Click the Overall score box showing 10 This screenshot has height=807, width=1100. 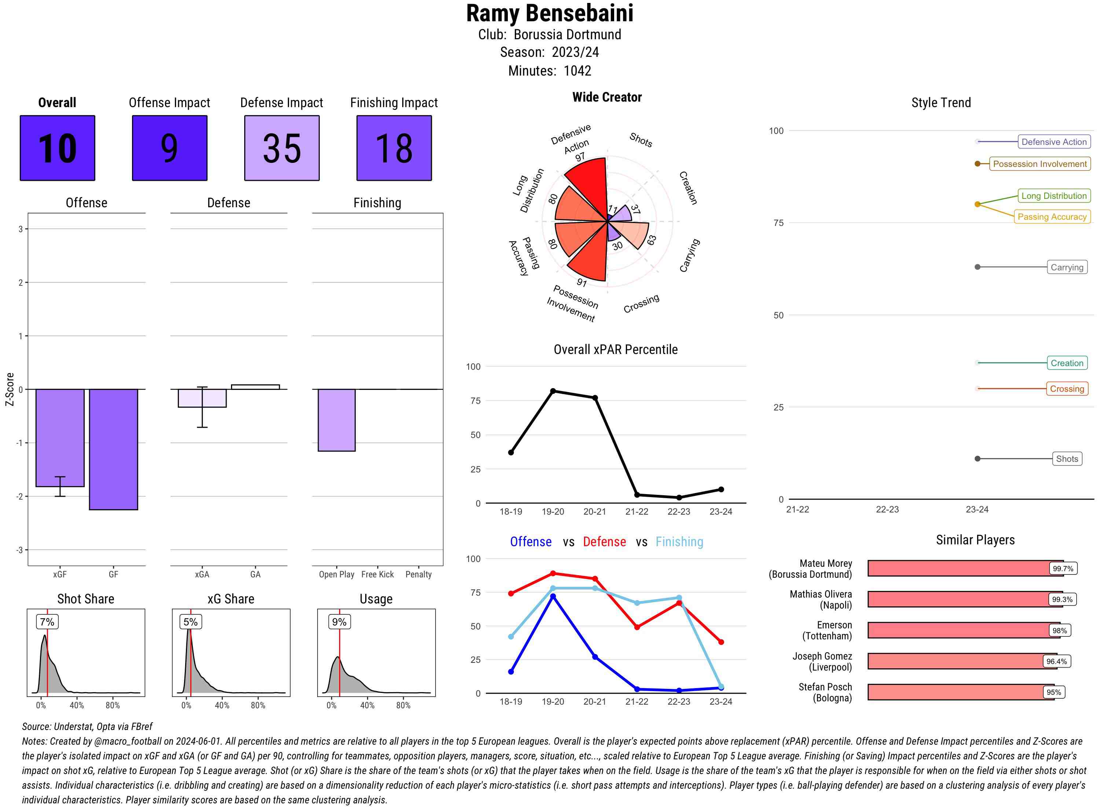tap(57, 148)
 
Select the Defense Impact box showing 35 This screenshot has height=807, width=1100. tap(282, 148)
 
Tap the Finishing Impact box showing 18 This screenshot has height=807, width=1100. tap(394, 148)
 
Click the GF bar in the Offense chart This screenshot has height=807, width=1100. tap(113, 449)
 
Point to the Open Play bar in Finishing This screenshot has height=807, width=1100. tap(336, 420)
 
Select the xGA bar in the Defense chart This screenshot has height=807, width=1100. tap(202, 398)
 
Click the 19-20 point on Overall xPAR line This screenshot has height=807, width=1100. tap(553, 391)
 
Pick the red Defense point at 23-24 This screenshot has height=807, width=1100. tap(720, 642)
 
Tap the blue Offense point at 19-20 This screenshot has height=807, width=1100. tap(553, 596)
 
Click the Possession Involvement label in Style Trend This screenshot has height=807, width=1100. tap(1039, 164)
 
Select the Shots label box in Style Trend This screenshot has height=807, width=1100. tap(1067, 459)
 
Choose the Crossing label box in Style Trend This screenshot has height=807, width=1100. tap(1067, 389)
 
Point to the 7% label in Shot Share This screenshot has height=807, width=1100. tap(47, 622)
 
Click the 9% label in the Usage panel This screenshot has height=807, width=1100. tap(339, 622)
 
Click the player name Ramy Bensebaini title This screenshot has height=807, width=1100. tap(550, 13)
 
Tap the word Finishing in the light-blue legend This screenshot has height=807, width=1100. tap(679, 542)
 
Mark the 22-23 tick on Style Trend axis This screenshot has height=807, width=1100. tap(887, 510)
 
